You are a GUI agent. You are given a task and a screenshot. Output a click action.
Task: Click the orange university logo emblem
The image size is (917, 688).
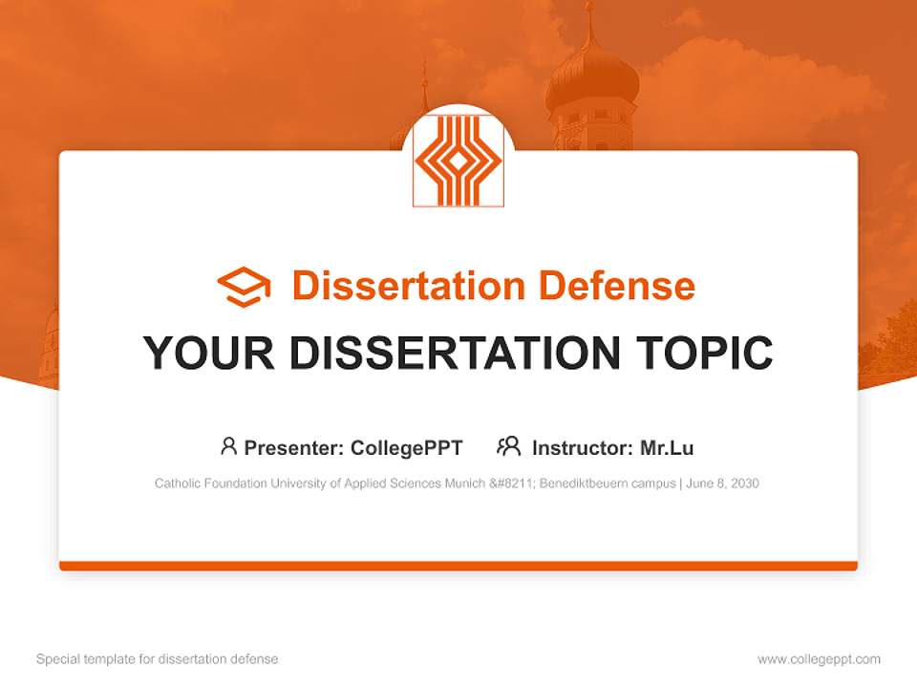pos(458,160)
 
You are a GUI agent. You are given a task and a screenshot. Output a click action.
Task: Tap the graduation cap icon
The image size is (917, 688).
pos(244,286)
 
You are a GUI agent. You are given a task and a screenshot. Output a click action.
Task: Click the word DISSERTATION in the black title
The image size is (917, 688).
pos(455,353)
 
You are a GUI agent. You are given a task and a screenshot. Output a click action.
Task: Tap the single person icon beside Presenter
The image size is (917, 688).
pos(228,446)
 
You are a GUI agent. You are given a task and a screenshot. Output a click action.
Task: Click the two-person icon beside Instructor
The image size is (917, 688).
pos(508,446)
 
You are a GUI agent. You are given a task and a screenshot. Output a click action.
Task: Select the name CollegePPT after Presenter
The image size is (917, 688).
pos(406,447)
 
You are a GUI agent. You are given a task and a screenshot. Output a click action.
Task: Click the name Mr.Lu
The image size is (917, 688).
pos(666,447)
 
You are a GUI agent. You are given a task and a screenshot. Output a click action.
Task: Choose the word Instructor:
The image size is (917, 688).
pos(582,447)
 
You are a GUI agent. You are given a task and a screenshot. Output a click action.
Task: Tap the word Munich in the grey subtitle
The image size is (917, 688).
pos(464,484)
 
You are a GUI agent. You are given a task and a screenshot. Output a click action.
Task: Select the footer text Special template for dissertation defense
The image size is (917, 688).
pos(157,659)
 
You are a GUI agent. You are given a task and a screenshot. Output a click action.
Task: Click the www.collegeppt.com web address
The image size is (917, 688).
pos(819,659)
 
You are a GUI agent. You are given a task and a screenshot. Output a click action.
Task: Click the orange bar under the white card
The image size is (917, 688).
pos(458,566)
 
